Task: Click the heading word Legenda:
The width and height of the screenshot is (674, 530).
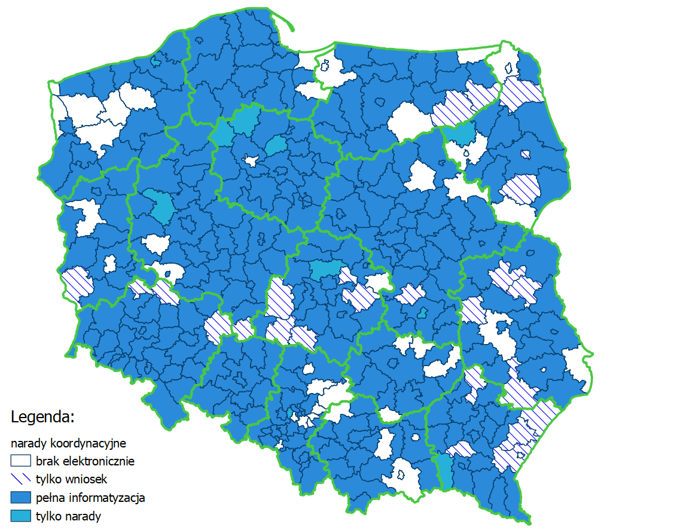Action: point(42,416)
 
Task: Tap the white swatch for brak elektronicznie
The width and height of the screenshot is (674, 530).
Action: point(20,461)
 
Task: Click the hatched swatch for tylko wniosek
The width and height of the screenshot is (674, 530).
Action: point(20,479)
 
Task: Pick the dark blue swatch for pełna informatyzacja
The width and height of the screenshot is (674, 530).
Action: point(20,498)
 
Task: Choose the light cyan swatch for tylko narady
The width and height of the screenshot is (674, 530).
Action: point(20,516)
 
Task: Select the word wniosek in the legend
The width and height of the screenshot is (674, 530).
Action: point(87,479)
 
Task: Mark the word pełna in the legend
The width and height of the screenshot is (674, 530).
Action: point(50,498)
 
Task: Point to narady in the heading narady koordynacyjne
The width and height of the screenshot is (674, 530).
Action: point(27,443)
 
